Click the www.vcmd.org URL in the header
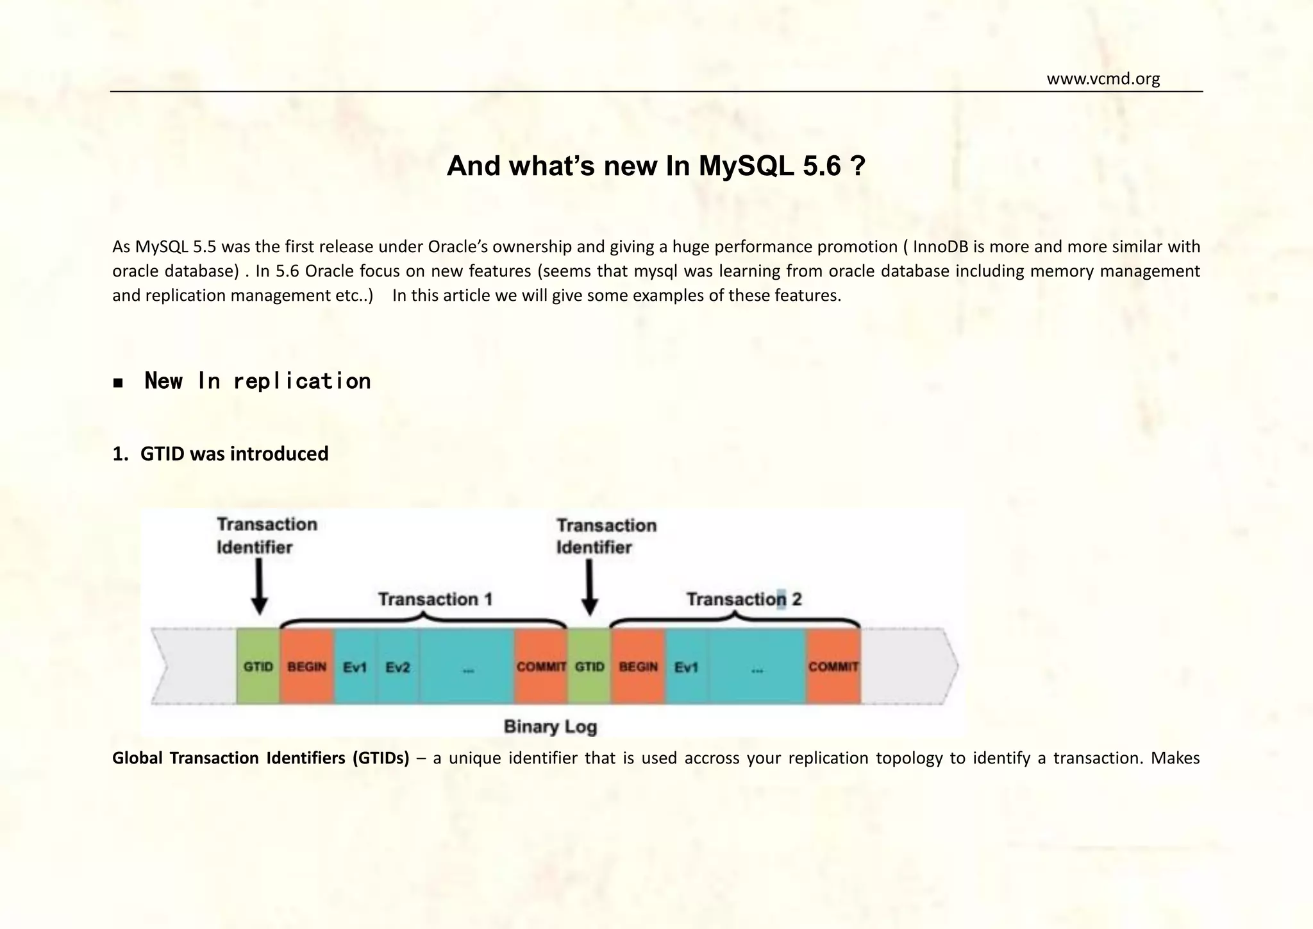pos(1103,79)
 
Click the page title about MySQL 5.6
pos(656,166)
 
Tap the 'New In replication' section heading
pos(257,381)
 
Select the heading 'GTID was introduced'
pos(234,454)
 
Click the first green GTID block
pos(258,667)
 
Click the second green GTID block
pos(589,667)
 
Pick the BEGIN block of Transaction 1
pos(306,667)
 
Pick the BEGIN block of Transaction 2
pos(638,667)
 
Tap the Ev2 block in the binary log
pos(397,667)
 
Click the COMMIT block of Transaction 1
pos(540,667)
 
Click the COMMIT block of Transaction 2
pos(833,667)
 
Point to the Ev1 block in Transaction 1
pos(355,667)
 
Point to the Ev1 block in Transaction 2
pos(686,667)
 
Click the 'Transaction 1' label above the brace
pos(435,599)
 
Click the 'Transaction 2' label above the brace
pos(744,599)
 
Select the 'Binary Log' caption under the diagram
pos(550,726)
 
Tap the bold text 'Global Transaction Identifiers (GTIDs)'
pos(260,758)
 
